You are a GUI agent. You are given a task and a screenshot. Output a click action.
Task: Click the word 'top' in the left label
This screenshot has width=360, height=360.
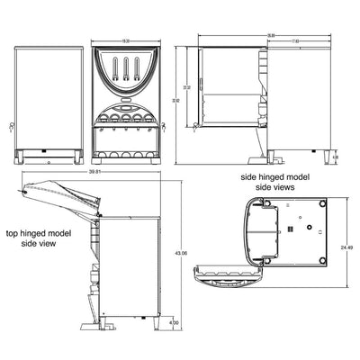14,232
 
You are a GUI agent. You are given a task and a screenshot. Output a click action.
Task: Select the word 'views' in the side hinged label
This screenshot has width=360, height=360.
289,188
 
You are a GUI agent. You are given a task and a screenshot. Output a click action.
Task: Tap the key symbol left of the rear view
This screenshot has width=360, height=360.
11,125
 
